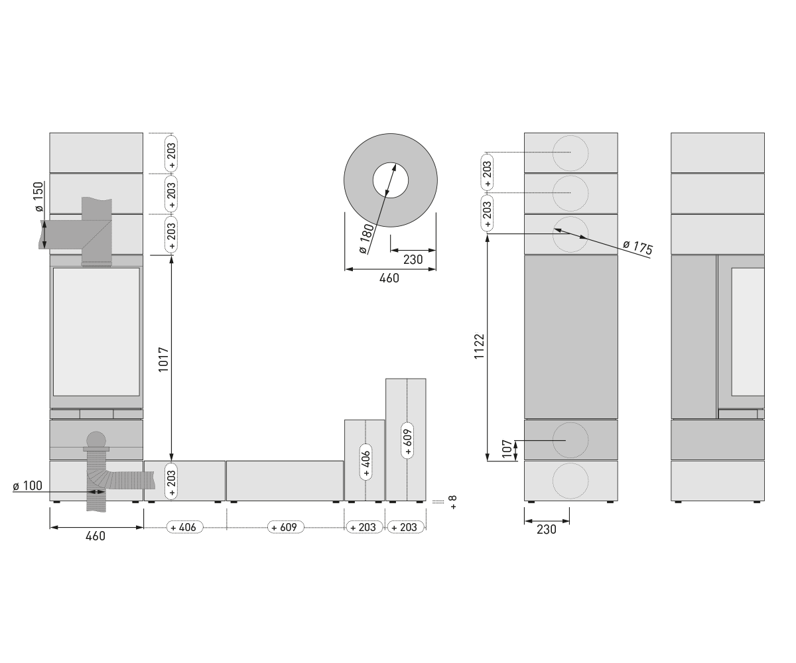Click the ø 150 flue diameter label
[x=38, y=197]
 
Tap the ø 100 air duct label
[x=27, y=486]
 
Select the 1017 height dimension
[x=163, y=359]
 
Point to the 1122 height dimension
[x=479, y=346]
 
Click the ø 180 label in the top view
[x=366, y=239]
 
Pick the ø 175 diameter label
[x=637, y=247]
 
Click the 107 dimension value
[x=507, y=448]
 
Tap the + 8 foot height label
[x=453, y=502]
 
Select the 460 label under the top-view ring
[x=389, y=278]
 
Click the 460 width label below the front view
[x=96, y=536]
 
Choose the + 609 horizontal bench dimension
[x=285, y=527]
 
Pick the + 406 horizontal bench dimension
[x=184, y=527]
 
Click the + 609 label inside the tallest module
[x=407, y=440]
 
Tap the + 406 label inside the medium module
[x=365, y=462]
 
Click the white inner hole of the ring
[x=391, y=180]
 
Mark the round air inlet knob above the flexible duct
[x=96, y=440]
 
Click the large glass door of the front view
[x=96, y=331]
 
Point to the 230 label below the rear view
[x=547, y=529]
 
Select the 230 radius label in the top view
[x=413, y=259]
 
